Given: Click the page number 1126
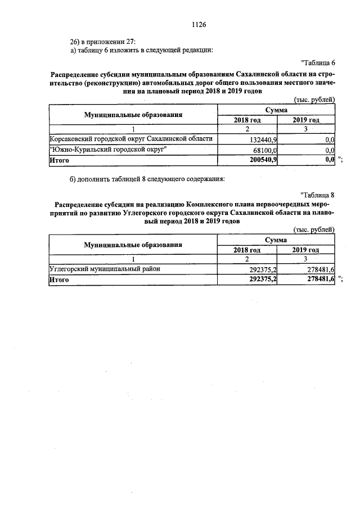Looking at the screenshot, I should click(200, 25).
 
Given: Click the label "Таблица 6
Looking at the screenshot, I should click(318, 62).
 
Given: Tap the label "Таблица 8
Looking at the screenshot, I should click(318, 195).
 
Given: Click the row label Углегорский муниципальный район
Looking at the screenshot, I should click(105, 269).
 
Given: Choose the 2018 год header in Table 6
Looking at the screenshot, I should click(247, 120).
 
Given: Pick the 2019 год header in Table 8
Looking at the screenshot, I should click(306, 250).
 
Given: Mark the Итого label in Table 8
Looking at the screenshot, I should click(59, 280).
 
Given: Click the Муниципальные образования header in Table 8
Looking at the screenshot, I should click(133, 245).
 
